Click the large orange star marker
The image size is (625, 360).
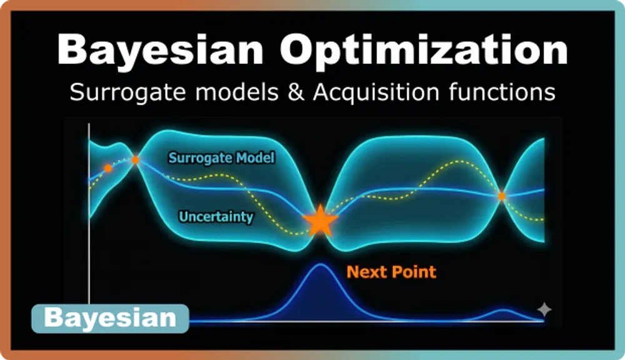point(320,220)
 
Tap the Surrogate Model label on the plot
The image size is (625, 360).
point(221,157)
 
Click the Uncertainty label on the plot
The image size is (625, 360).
point(216,217)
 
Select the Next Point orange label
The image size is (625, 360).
point(391,272)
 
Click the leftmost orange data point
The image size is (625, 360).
point(108,168)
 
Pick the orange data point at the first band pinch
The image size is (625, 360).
point(136,160)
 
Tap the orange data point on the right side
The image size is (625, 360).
point(501,196)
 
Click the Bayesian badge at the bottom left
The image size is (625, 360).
point(110,318)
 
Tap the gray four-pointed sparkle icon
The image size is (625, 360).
point(544,309)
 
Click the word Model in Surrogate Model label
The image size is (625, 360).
point(256,157)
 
